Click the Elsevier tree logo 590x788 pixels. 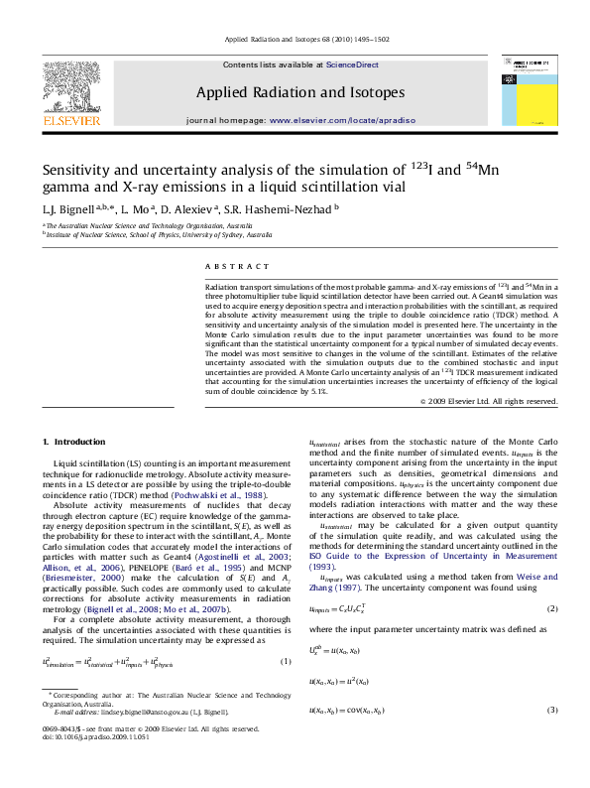71,87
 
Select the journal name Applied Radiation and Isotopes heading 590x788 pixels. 300,92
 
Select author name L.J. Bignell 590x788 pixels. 67,208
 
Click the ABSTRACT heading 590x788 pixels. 237,267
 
